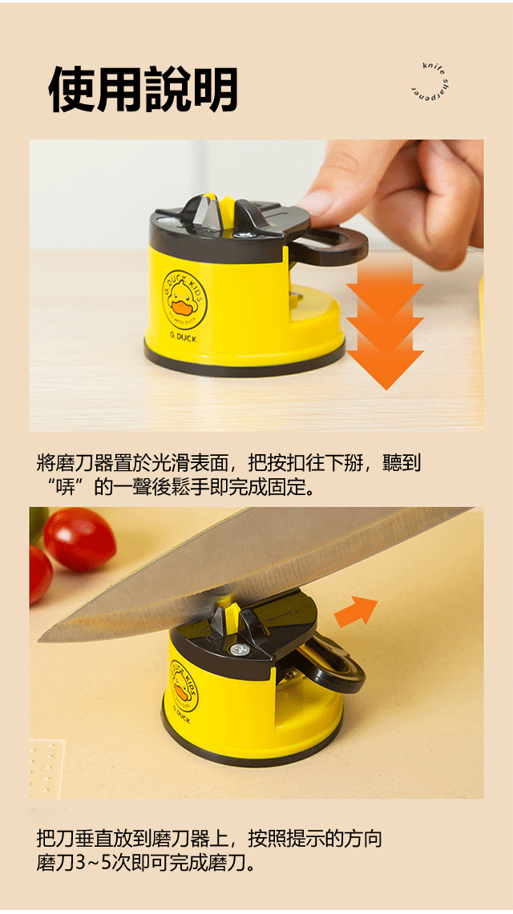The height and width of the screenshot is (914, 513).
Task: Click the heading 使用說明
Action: [143, 89]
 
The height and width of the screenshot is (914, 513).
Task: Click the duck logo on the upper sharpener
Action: [184, 300]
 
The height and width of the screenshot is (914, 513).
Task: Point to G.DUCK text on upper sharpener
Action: [184, 337]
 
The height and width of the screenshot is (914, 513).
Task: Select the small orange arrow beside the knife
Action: [356, 611]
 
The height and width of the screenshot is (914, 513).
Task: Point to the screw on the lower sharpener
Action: [237, 650]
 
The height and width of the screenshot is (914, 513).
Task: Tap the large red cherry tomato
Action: [79, 539]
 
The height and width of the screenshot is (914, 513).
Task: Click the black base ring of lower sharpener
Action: [252, 744]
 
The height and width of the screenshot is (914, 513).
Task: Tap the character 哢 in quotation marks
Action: [65, 487]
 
